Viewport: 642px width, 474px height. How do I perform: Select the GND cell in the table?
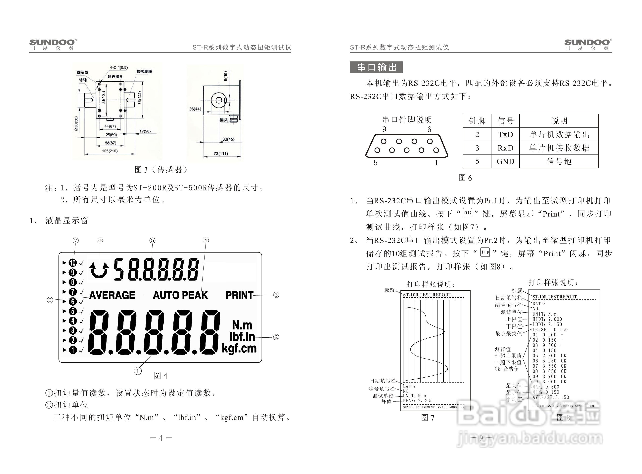pyautogui.click(x=505, y=161)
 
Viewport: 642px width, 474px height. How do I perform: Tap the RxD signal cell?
pyautogui.click(x=505, y=148)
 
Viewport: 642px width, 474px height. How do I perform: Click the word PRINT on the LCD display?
pyautogui.click(x=239, y=295)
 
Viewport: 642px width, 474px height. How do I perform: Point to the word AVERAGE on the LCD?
pyautogui.click(x=112, y=295)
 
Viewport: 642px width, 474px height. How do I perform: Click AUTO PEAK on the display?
pyautogui.click(x=180, y=295)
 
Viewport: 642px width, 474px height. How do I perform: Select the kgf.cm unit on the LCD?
pyautogui.click(x=239, y=349)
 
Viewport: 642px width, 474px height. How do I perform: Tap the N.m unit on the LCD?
pyautogui.click(x=242, y=325)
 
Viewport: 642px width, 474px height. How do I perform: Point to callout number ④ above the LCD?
pyautogui.click(x=206, y=240)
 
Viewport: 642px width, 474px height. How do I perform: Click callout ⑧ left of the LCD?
pyautogui.click(x=50, y=300)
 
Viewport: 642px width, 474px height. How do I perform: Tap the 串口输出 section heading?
pyautogui.click(x=376, y=67)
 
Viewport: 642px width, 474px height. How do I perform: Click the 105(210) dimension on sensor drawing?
pyautogui.click(x=110, y=151)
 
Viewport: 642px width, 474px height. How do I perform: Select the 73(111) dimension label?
pyautogui.click(x=221, y=153)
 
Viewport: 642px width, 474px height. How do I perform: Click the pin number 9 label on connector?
pyautogui.click(x=384, y=129)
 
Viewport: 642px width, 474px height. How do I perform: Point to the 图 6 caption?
pyautogui.click(x=465, y=178)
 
